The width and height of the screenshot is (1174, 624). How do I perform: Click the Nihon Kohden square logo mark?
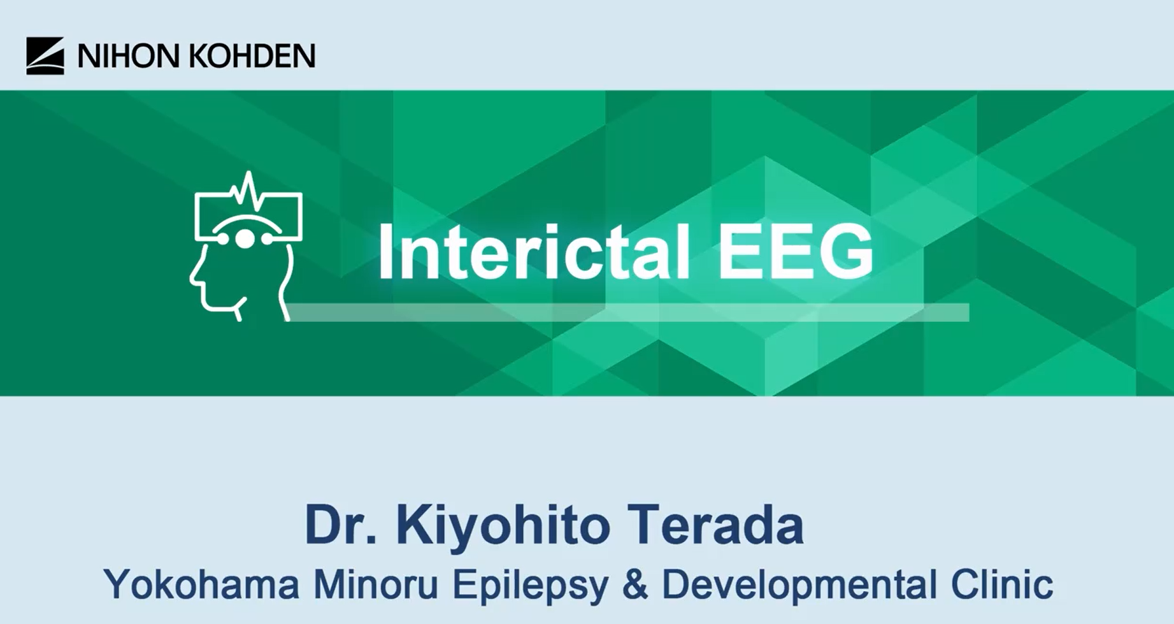[45, 56]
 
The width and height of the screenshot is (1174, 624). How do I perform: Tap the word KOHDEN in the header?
[252, 57]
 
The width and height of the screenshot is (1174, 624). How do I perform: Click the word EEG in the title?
[796, 252]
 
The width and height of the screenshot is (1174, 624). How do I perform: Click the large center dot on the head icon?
[245, 239]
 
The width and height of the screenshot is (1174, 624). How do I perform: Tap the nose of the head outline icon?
[192, 278]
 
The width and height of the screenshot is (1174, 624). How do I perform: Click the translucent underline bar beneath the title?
[627, 312]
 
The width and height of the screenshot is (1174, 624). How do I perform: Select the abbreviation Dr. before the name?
[340, 525]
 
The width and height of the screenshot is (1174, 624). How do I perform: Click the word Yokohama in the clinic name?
[201, 584]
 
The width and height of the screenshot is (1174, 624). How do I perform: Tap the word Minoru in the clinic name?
[376, 584]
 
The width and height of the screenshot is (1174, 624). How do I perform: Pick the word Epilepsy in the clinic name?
[530, 584]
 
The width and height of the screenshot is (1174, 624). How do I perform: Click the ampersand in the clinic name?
[635, 584]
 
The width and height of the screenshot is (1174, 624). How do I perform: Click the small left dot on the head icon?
[223, 240]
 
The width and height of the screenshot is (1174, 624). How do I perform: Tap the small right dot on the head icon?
[267, 240]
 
